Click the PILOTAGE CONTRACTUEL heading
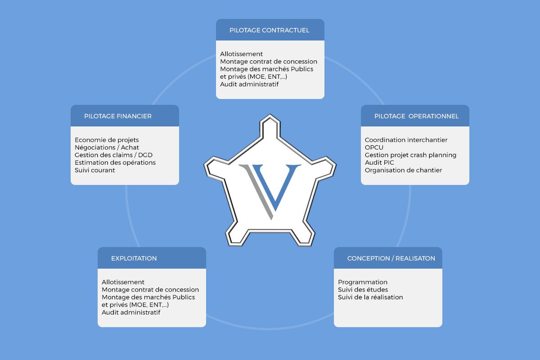click(269, 30)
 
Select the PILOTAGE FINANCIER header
click(117, 116)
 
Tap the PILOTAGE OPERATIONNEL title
click(416, 116)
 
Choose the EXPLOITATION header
click(134, 258)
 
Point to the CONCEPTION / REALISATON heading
click(391, 258)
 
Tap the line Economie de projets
click(107, 140)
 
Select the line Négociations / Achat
click(107, 148)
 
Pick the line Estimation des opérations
click(115, 162)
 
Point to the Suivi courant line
click(95, 170)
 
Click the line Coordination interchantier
click(406, 140)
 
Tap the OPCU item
click(374, 148)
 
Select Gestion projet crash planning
click(410, 155)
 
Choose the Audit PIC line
click(379, 162)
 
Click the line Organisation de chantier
click(403, 170)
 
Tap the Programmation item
click(363, 282)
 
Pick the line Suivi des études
click(363, 289)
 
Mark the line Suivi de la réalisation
click(370, 297)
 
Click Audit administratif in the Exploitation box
click(131, 312)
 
